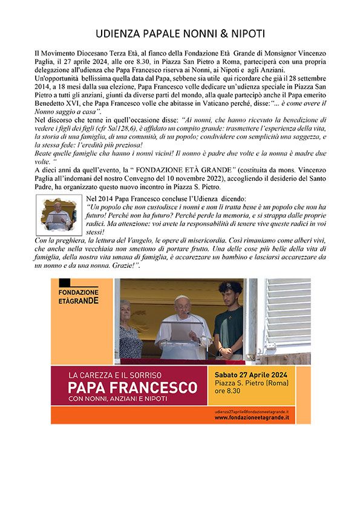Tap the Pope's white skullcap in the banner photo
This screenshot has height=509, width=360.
(182, 298)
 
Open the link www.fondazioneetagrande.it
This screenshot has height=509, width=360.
(251, 417)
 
